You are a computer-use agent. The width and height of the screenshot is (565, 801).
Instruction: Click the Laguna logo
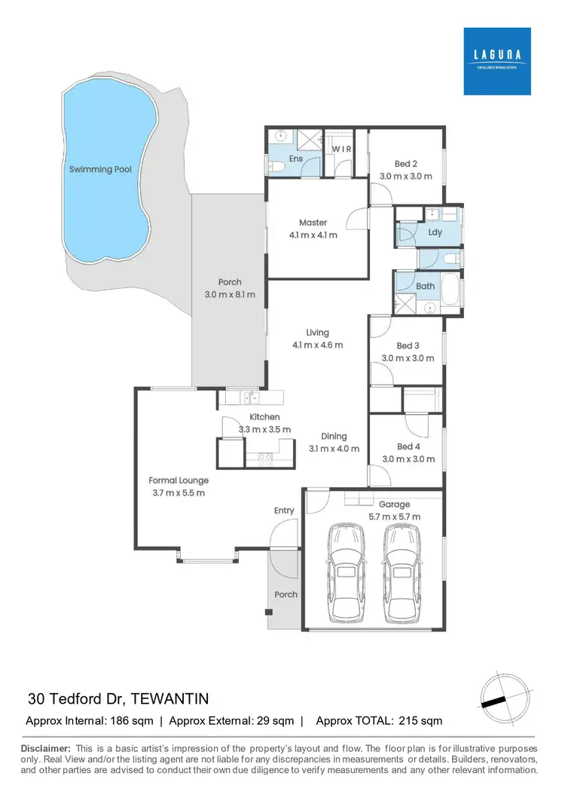497,61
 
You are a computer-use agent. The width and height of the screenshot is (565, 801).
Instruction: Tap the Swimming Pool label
100,170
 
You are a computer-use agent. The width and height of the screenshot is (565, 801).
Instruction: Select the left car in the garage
346,573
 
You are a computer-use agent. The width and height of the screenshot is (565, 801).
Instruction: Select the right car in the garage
400,573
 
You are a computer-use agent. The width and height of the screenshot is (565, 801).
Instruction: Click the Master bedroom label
313,222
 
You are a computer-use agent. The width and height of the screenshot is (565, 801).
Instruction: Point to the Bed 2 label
406,164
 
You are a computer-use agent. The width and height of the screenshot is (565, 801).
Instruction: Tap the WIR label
342,149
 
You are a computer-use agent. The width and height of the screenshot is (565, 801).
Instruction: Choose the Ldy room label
435,232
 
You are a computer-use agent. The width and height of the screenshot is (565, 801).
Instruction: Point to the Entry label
284,511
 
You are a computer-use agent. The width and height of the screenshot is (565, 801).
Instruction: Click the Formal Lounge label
179,480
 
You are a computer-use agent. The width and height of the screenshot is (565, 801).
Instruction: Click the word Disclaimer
47,747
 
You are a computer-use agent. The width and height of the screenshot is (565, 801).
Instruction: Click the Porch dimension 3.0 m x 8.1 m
230,294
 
